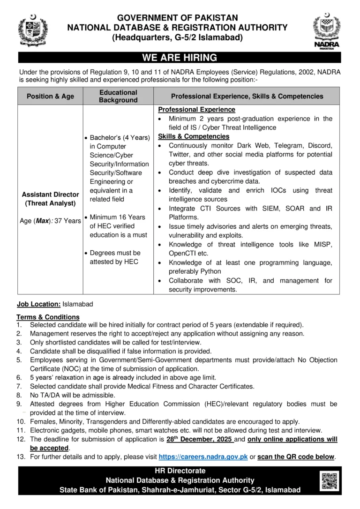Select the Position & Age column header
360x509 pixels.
50,96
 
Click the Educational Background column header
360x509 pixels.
118,96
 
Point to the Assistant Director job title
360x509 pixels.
50,194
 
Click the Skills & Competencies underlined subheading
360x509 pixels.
193,136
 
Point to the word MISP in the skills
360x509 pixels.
321,245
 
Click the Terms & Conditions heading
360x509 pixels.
48,317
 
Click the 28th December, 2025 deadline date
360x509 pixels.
199,439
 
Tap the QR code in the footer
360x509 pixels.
328,480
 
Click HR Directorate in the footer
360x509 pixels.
180,471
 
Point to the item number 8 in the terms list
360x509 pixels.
19,395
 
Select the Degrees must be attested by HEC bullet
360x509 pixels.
115,257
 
